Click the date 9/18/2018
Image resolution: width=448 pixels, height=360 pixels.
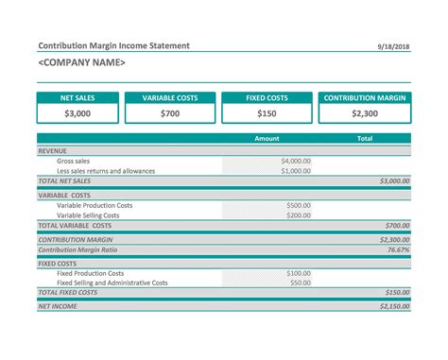pyautogui.click(x=395, y=46)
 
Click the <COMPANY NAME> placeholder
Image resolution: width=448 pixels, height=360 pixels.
pyautogui.click(x=81, y=62)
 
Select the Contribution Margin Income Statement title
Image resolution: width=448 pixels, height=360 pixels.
pyautogui.click(x=113, y=45)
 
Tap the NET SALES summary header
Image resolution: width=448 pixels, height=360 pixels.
pyautogui.click(x=78, y=97)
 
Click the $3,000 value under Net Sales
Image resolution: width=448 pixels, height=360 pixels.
pyautogui.click(x=78, y=113)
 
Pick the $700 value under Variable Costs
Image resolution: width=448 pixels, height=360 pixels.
pyautogui.click(x=169, y=113)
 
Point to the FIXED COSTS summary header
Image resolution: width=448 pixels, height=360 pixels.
pyautogui.click(x=267, y=97)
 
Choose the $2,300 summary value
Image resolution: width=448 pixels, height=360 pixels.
pyautogui.click(x=364, y=113)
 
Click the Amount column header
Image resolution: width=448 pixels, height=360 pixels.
pyautogui.click(x=267, y=139)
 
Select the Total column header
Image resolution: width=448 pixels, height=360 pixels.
pyautogui.click(x=364, y=139)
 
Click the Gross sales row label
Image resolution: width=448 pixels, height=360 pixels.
pyautogui.click(x=74, y=161)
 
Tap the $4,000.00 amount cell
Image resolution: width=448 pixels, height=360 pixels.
pyautogui.click(x=296, y=161)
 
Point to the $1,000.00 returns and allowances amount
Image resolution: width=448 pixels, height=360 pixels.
pyautogui.click(x=296, y=171)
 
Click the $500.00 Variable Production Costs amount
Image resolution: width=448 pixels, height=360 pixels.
pyautogui.click(x=299, y=205)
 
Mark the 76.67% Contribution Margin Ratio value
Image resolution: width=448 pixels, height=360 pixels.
pyautogui.click(x=398, y=249)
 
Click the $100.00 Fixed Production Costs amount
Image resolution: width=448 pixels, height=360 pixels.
pyautogui.click(x=299, y=273)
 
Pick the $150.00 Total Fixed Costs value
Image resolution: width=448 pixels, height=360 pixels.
pyautogui.click(x=396, y=293)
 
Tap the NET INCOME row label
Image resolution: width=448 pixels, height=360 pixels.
pyautogui.click(x=58, y=306)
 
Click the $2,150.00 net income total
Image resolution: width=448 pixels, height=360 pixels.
pyautogui.click(x=393, y=306)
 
